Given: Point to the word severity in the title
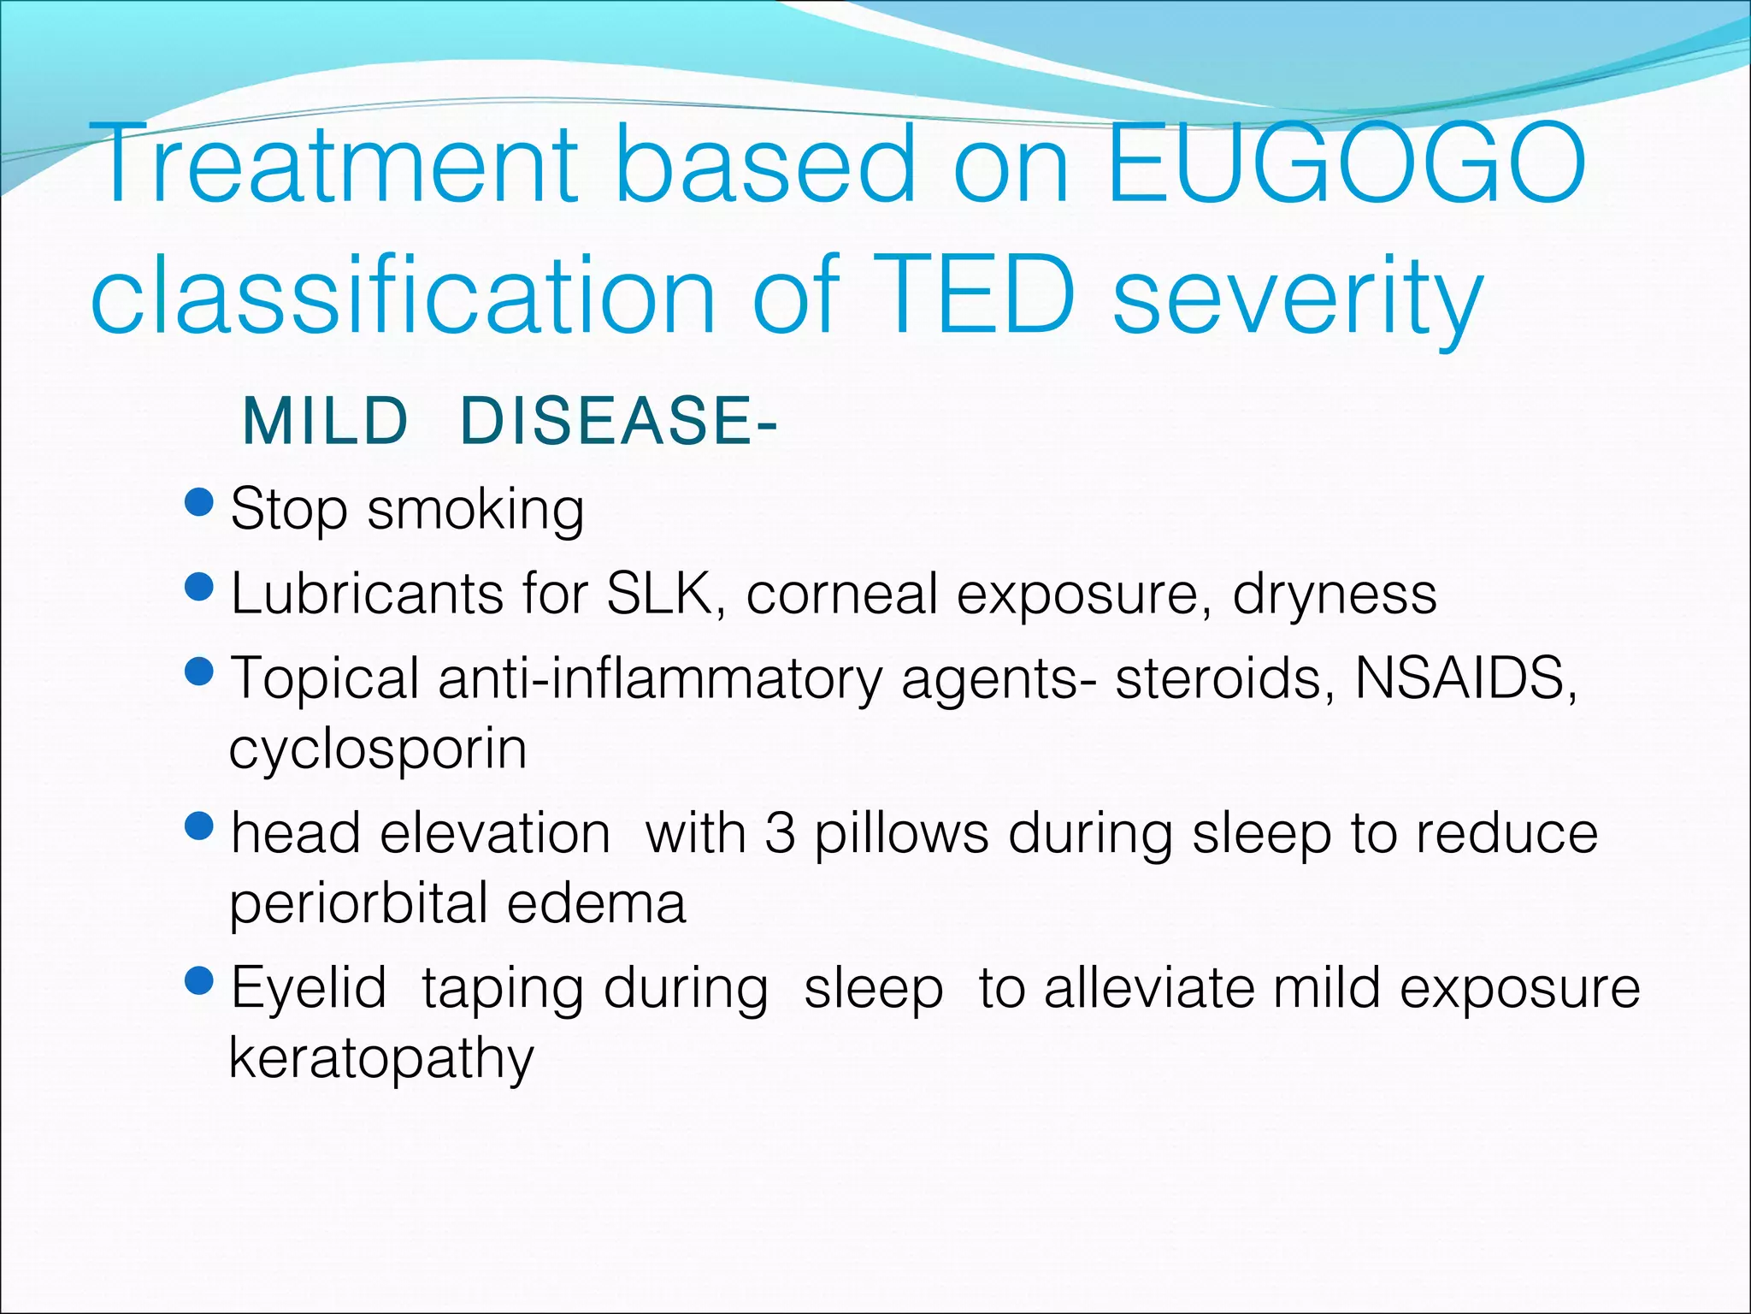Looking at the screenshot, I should coord(1298,299).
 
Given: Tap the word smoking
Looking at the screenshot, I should coord(475,511).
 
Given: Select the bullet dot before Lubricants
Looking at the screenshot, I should coord(198,587).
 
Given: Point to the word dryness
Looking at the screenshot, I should coord(1334,595).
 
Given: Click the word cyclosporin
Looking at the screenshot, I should coord(378,750).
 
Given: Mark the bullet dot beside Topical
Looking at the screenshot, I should coord(198,672).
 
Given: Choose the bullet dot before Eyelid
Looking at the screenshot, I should coord(198,981).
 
